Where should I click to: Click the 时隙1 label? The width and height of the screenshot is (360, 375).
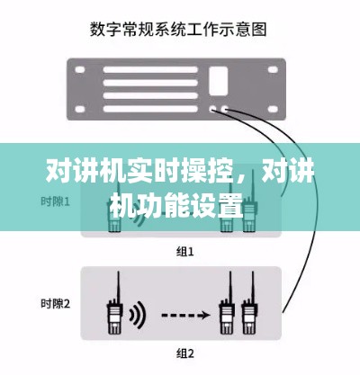click(56, 200)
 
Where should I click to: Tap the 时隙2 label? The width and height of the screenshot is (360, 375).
click(56, 304)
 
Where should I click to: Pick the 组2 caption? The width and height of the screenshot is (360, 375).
click(184, 351)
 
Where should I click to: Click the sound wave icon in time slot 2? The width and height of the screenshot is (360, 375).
click(137, 315)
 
